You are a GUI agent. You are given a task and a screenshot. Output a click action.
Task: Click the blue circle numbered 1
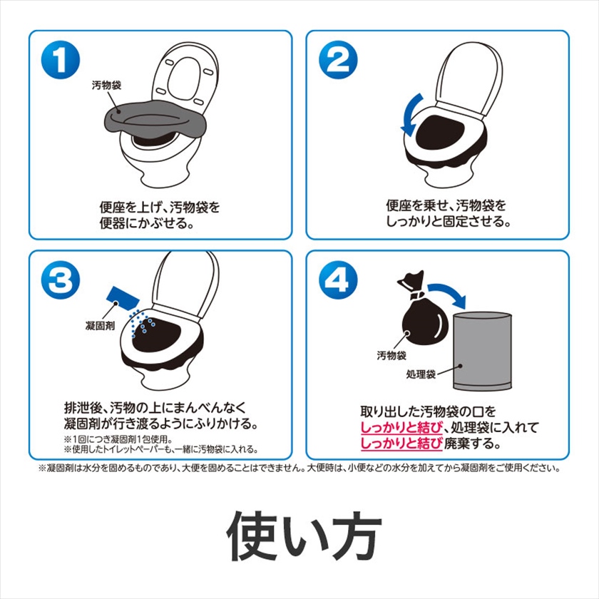coord(61,60)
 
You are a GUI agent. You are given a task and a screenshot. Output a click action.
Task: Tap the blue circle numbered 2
coord(338,60)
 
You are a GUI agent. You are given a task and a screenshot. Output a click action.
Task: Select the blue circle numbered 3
coord(61,280)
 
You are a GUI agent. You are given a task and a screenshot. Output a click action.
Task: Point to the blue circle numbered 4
coord(338,280)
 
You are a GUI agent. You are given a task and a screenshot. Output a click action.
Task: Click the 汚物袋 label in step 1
coord(106,85)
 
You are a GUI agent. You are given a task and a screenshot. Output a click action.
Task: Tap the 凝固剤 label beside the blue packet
coord(100,326)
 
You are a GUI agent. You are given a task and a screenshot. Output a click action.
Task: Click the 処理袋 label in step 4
coord(421,374)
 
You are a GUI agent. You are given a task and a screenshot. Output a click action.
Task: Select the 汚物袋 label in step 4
coord(391,355)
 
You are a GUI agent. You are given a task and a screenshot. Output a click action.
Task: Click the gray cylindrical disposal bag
coord(482,352)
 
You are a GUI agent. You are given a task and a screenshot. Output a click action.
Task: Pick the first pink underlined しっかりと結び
coord(401,427)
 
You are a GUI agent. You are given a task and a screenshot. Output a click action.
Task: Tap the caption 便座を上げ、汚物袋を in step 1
coord(160,208)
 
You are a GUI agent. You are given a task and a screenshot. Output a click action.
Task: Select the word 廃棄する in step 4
coord(472,444)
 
